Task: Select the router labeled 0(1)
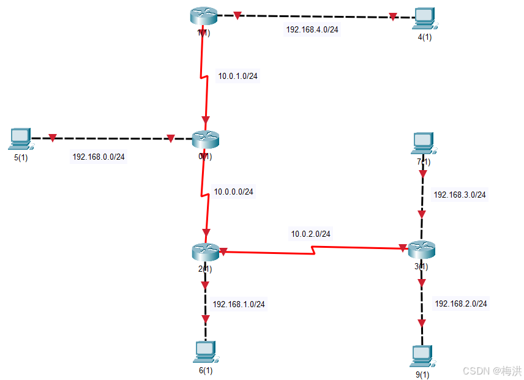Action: pos(205,140)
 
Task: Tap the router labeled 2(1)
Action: pos(204,251)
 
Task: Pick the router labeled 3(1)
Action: pos(421,248)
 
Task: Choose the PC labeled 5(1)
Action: pos(20,139)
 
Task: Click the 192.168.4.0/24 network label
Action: pos(312,29)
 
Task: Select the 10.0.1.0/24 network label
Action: pos(238,76)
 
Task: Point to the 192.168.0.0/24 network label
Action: pos(99,157)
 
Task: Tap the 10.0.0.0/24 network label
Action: pos(233,192)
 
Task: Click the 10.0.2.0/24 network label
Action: pos(310,234)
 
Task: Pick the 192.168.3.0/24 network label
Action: pos(460,195)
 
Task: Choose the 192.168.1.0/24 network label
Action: pos(239,304)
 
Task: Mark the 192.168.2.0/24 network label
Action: pos(461,303)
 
